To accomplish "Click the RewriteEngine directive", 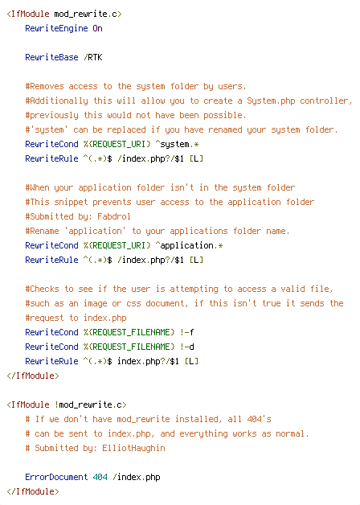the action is point(56,29).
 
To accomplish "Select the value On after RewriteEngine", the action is point(97,28).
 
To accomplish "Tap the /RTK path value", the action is point(93,57).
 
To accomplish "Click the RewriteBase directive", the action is point(51,57).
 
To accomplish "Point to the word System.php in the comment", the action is point(271,101).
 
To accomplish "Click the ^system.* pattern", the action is point(177,144).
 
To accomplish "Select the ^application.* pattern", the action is point(189,245).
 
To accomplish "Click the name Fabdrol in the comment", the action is point(114,216).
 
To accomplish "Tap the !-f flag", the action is point(187,332).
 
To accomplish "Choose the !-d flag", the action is point(187,347).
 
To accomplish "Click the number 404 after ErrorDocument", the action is point(100,477).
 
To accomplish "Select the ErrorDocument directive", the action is point(56,477).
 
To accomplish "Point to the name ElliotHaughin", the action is point(133,448).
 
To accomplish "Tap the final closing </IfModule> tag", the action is point(33,491).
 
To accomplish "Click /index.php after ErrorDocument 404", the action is point(137,477).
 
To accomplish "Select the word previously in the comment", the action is point(54,115).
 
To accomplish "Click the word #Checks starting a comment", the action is point(42,289).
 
